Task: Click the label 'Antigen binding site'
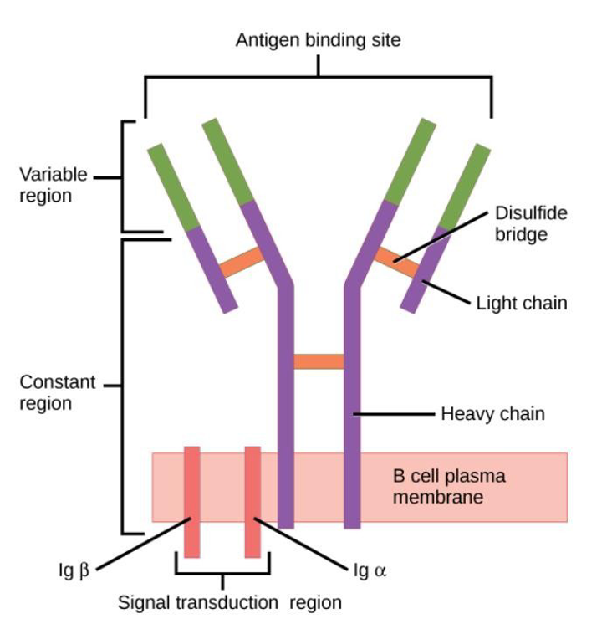point(318,40)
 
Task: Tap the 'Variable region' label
point(54,186)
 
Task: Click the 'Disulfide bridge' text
point(531,223)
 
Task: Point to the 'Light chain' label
point(521,303)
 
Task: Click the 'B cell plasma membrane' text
point(449,487)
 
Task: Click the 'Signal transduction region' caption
point(229,602)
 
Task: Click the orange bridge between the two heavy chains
point(319,361)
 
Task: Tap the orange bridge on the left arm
point(242,263)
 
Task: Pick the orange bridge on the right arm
point(395,262)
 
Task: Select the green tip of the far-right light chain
point(465,186)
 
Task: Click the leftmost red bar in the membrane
point(191,502)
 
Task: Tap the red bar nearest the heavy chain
point(252,502)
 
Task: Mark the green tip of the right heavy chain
point(410,161)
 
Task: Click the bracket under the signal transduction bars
point(222,573)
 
